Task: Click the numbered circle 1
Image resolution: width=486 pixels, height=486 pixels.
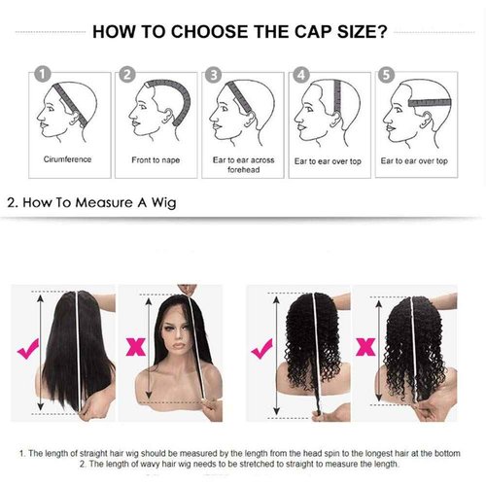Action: coord(40,73)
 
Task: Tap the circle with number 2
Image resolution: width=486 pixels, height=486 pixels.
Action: coord(126,73)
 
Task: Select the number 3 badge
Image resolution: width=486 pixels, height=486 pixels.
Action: coord(214,73)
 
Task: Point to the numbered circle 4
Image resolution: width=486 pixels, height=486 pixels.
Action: coord(301,73)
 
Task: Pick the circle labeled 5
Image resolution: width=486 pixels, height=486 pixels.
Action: coord(388,73)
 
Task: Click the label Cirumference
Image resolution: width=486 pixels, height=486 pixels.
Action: coord(67,158)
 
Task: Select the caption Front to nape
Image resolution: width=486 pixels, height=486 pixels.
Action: coord(154,158)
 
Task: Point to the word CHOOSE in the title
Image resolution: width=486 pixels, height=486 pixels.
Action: coord(191,31)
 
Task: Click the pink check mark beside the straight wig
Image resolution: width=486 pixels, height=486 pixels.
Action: coord(19,344)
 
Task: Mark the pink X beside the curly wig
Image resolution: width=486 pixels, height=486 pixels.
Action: coord(366,345)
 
